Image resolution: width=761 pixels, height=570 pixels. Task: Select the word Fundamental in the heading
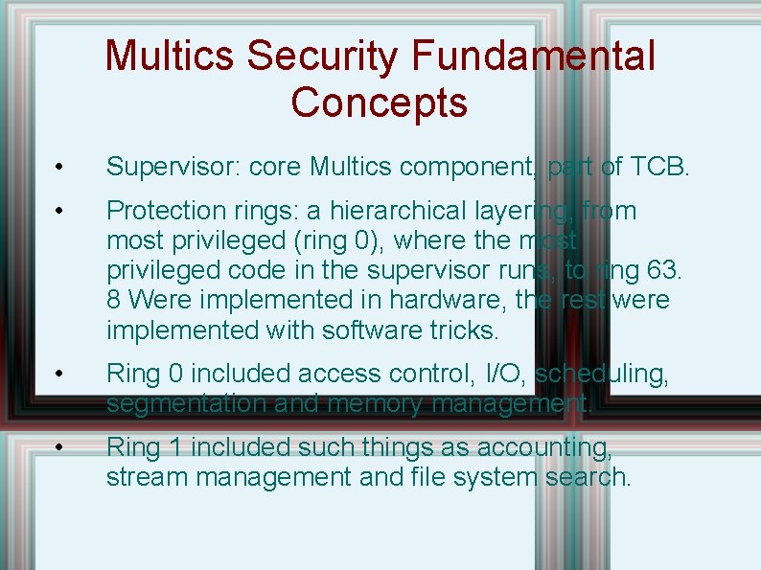click(534, 56)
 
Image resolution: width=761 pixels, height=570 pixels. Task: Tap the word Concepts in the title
click(380, 102)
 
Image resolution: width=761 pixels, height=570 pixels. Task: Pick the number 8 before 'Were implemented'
click(114, 300)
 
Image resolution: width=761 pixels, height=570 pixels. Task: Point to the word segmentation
click(187, 404)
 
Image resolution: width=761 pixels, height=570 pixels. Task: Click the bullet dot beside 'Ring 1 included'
click(58, 447)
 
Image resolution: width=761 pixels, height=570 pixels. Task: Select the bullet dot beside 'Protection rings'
click(58, 211)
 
